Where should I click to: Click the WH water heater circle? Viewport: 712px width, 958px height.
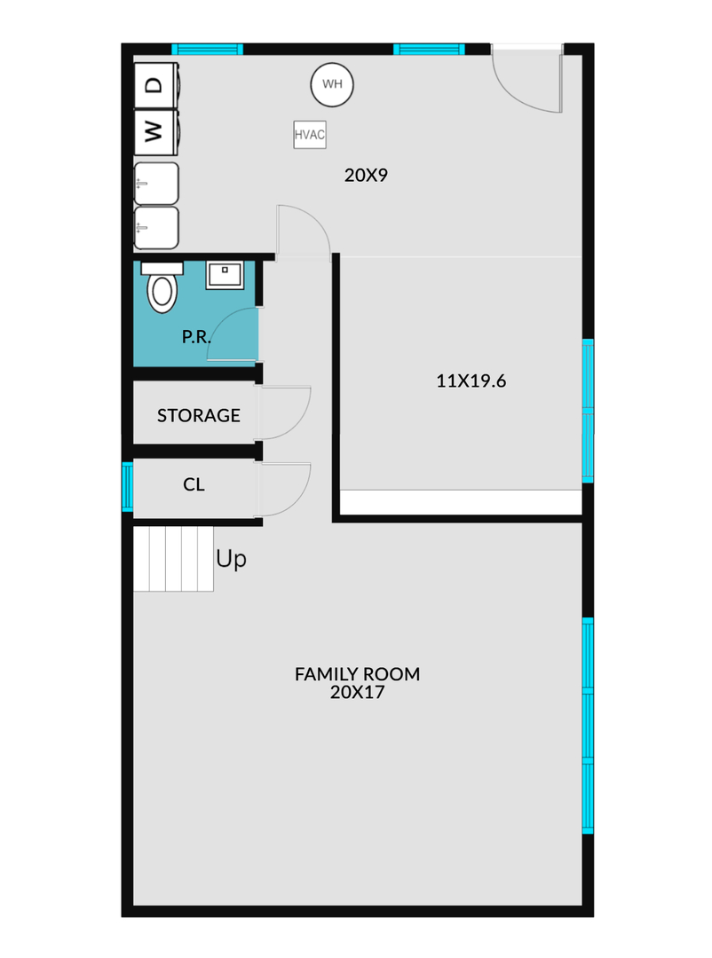pos(332,84)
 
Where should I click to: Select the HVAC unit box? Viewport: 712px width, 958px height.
pos(310,135)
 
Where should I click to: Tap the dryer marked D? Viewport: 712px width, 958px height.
pos(156,85)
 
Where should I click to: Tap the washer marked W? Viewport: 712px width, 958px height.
pos(156,131)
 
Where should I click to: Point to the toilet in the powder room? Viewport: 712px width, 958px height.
pos(162,287)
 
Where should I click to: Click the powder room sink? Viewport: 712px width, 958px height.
pos(225,275)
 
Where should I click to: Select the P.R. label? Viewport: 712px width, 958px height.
pos(196,337)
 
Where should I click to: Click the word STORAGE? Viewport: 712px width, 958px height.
pos(198,415)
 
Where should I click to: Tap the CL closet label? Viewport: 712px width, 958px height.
pos(194,484)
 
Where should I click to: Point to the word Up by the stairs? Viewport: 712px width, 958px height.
pos(231,559)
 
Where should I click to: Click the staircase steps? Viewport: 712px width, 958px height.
pos(173,559)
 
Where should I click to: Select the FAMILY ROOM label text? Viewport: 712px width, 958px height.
pos(357,674)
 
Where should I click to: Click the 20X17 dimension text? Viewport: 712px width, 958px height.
pos(357,692)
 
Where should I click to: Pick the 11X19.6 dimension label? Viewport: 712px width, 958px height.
pos(471,381)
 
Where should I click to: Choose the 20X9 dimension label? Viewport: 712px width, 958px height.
pos(366,176)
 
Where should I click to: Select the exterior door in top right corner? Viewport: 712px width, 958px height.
pos(527,78)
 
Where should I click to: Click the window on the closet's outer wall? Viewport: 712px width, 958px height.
pos(127,486)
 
